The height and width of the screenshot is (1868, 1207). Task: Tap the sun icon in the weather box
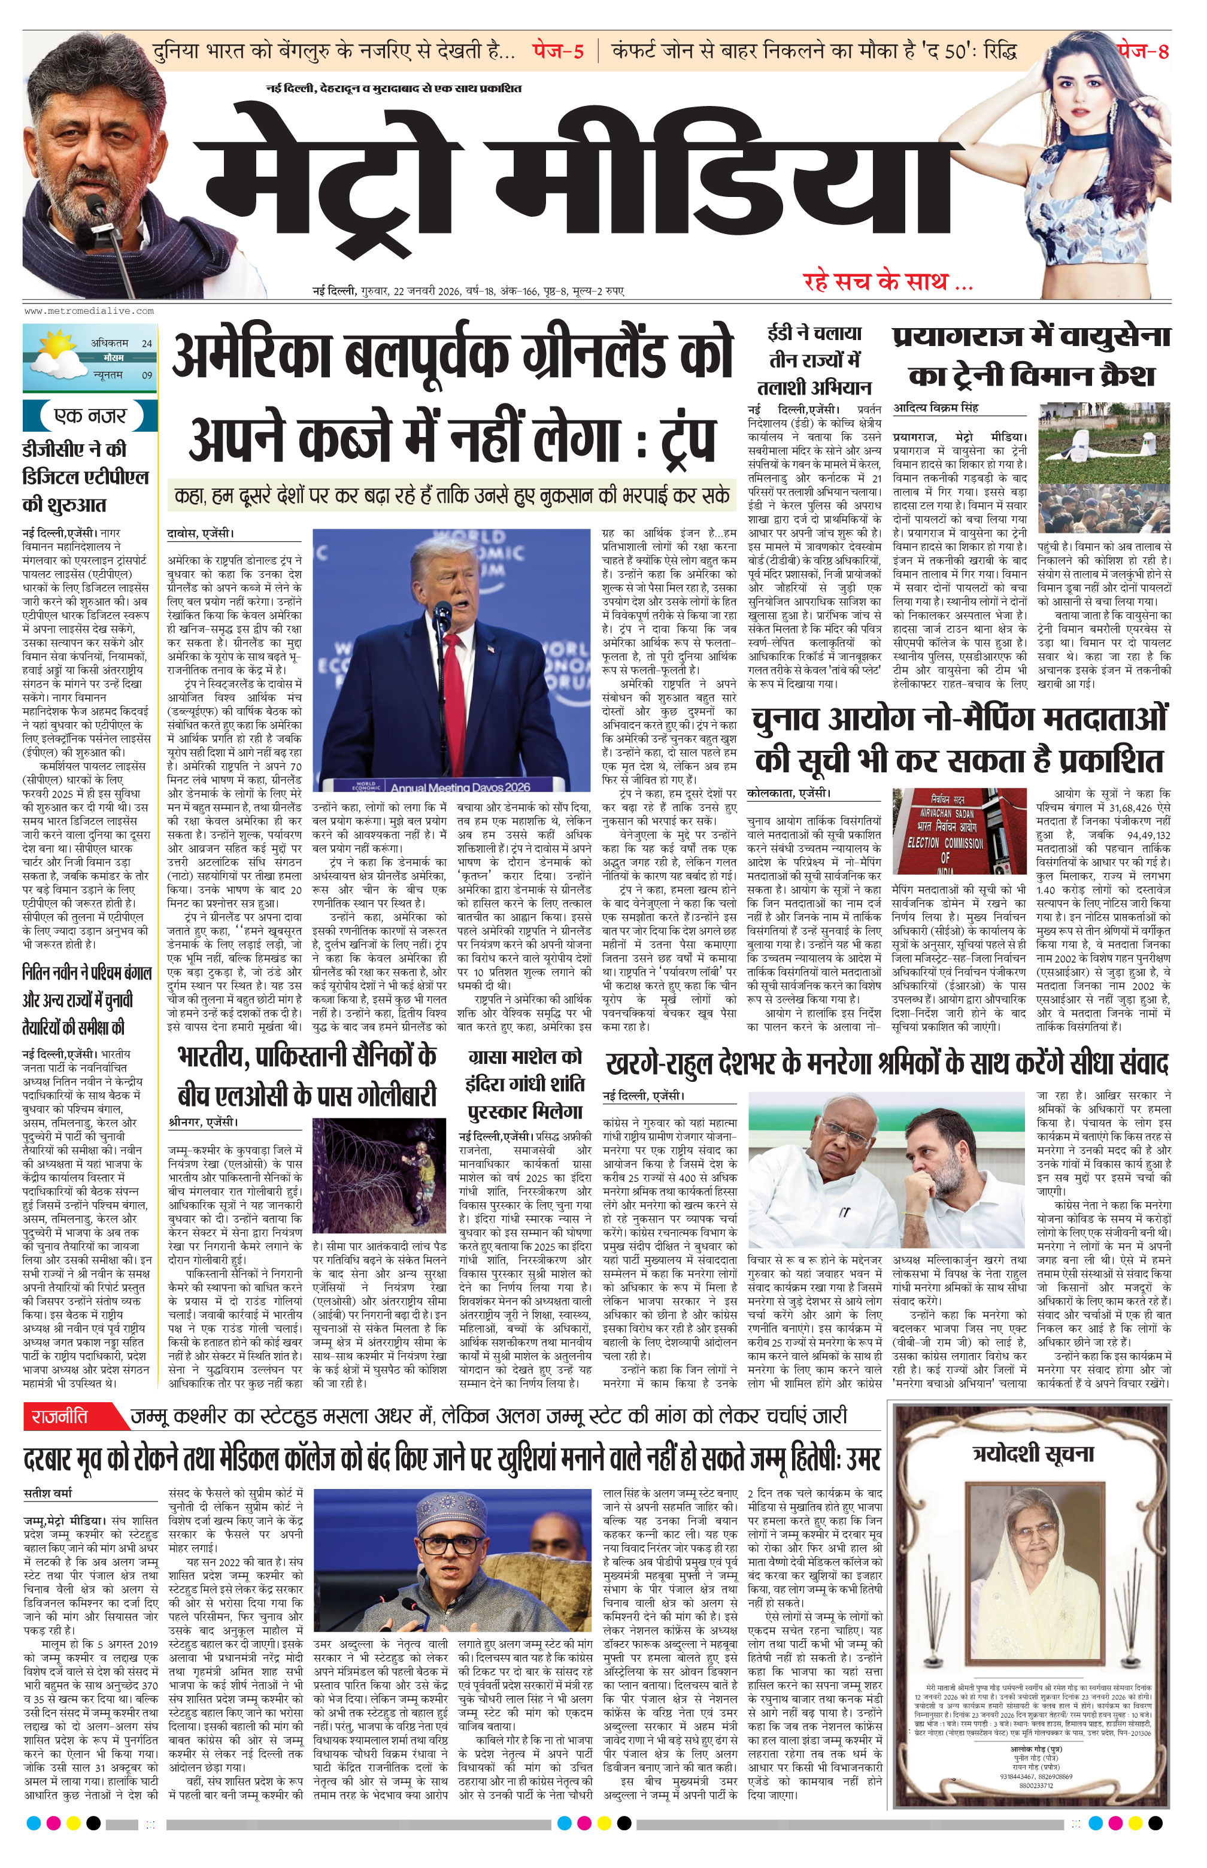[x=56, y=344]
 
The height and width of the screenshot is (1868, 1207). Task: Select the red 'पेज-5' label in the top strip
[x=558, y=51]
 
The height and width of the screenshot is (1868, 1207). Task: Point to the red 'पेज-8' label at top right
[x=1143, y=51]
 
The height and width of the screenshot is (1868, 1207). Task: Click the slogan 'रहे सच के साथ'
[x=887, y=281]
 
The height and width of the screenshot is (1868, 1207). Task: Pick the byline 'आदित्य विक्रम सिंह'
[x=936, y=408]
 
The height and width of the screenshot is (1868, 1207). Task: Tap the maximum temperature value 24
[x=147, y=343]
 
